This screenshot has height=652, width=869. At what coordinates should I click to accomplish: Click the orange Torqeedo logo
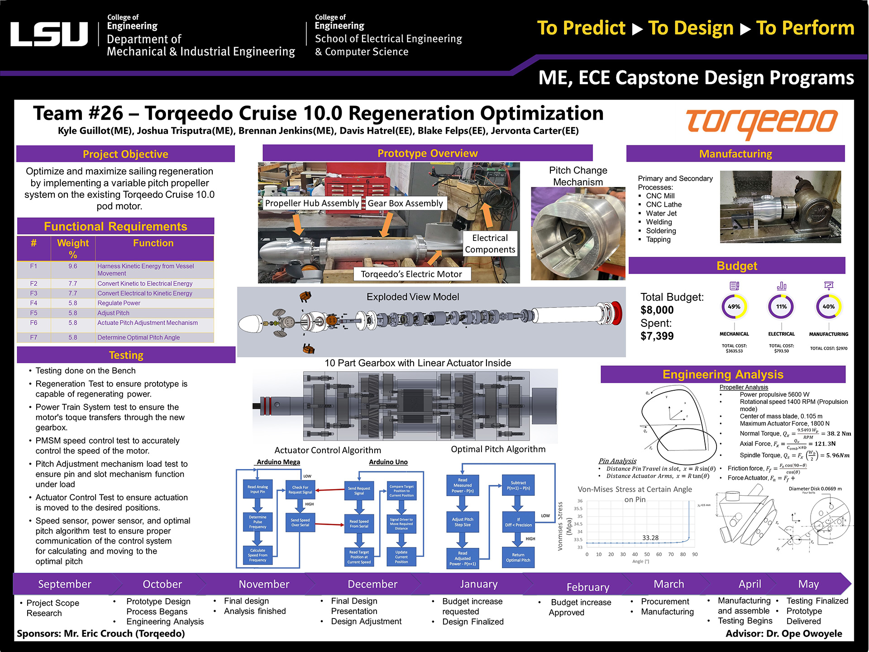761,123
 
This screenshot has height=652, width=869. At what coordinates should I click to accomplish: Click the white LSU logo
49,34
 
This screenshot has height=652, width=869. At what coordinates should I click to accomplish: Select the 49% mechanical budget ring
734,307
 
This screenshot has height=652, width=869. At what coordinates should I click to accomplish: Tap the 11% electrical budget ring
781,307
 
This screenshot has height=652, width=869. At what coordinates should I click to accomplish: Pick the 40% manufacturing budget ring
828,307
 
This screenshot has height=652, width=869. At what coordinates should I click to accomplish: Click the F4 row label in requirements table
33,303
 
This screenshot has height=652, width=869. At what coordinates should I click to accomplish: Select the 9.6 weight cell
72,266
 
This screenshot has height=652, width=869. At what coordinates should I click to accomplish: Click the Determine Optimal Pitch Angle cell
138,337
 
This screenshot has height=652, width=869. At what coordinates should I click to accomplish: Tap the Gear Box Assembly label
405,203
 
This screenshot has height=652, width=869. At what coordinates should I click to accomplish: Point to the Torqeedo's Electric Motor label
411,274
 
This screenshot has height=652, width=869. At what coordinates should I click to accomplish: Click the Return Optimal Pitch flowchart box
518,557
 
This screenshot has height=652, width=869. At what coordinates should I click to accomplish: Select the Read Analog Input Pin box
258,489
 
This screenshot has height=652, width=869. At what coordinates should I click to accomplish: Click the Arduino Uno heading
388,462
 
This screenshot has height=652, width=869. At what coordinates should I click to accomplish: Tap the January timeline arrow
478,584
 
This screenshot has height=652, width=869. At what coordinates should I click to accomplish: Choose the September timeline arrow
65,584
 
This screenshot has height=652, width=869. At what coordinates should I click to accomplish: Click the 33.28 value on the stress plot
650,538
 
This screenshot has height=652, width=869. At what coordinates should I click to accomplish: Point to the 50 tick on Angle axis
647,554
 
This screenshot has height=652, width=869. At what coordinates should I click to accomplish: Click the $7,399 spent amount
657,336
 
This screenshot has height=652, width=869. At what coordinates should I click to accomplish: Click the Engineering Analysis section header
722,374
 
